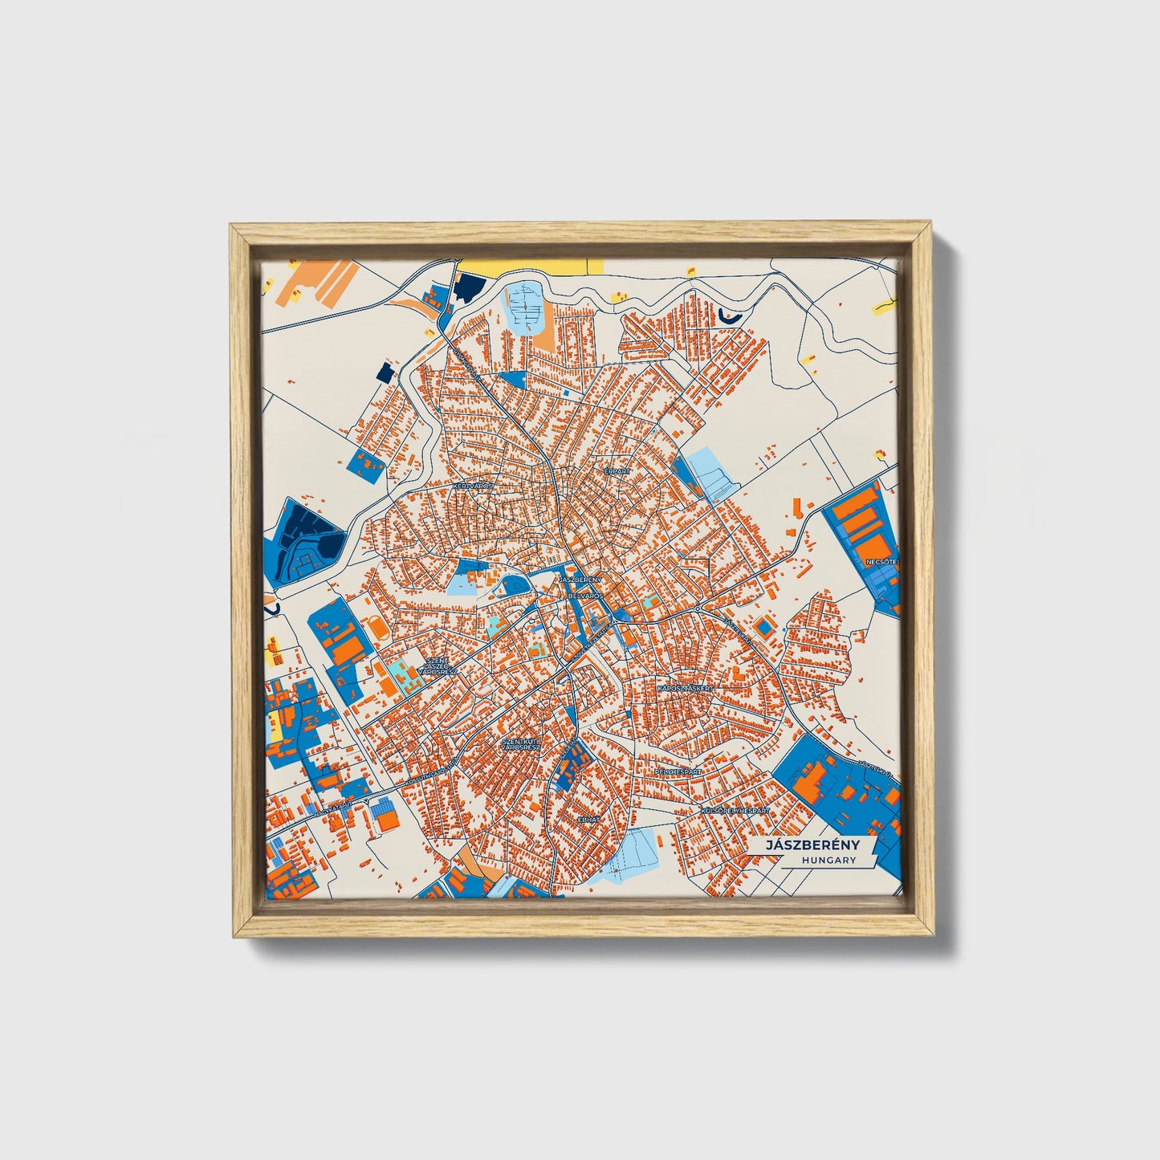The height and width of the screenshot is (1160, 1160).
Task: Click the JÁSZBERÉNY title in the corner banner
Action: click(812, 845)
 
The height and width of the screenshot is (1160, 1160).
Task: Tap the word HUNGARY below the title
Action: click(828, 860)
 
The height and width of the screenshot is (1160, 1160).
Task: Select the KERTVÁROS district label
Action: click(473, 486)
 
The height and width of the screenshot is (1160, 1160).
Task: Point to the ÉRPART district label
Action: click(617, 472)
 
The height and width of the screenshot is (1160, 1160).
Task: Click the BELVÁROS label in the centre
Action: click(585, 596)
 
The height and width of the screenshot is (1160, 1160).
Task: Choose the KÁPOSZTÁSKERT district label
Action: click(684, 689)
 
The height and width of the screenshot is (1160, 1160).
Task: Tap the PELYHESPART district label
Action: click(678, 771)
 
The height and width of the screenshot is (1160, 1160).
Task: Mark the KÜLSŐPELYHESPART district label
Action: click(735, 812)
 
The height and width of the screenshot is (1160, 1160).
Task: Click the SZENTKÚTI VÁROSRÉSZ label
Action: click(520, 744)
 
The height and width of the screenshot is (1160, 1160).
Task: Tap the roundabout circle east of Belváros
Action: click(698, 610)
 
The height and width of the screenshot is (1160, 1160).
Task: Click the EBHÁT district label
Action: click(589, 820)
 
